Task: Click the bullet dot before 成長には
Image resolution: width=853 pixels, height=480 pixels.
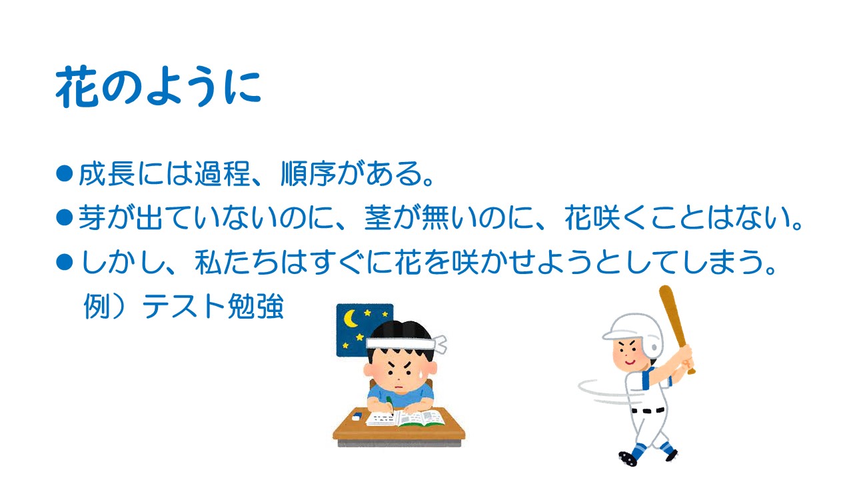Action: (x=65, y=173)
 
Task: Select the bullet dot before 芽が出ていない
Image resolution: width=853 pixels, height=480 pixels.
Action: (x=65, y=217)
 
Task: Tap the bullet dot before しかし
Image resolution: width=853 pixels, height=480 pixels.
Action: (x=65, y=262)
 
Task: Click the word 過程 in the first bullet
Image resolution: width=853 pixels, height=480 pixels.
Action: (x=222, y=174)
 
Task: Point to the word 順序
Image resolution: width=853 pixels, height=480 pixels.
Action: (x=308, y=174)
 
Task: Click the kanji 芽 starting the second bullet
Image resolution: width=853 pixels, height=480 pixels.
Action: (x=92, y=218)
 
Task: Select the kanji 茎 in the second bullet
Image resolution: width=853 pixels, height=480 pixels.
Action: (x=378, y=218)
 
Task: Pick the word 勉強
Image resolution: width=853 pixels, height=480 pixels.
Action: (x=255, y=307)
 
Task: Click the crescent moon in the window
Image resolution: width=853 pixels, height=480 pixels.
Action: (x=351, y=318)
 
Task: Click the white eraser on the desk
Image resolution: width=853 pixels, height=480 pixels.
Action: (x=356, y=417)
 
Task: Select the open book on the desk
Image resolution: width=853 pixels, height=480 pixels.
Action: (x=405, y=419)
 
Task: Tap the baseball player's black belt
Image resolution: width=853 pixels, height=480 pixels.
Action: (x=647, y=411)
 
